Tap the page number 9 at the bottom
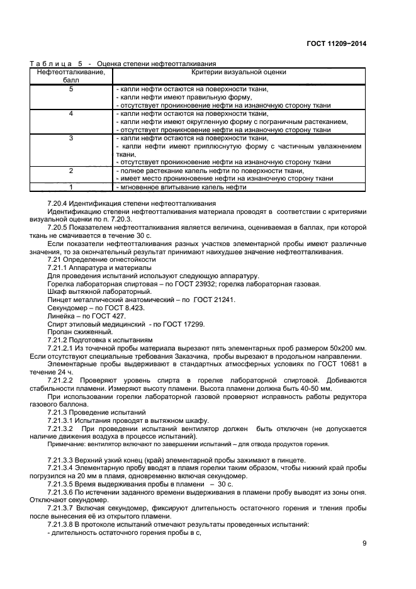pos(364,544)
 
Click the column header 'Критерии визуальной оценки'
pos(239,72)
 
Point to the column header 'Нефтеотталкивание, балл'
pos(70,76)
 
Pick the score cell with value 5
pos(70,89)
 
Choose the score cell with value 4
pos(70,114)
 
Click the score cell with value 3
pos(70,138)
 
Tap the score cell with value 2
pos(70,171)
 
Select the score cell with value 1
pos(70,187)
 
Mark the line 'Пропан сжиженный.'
pos(80,332)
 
